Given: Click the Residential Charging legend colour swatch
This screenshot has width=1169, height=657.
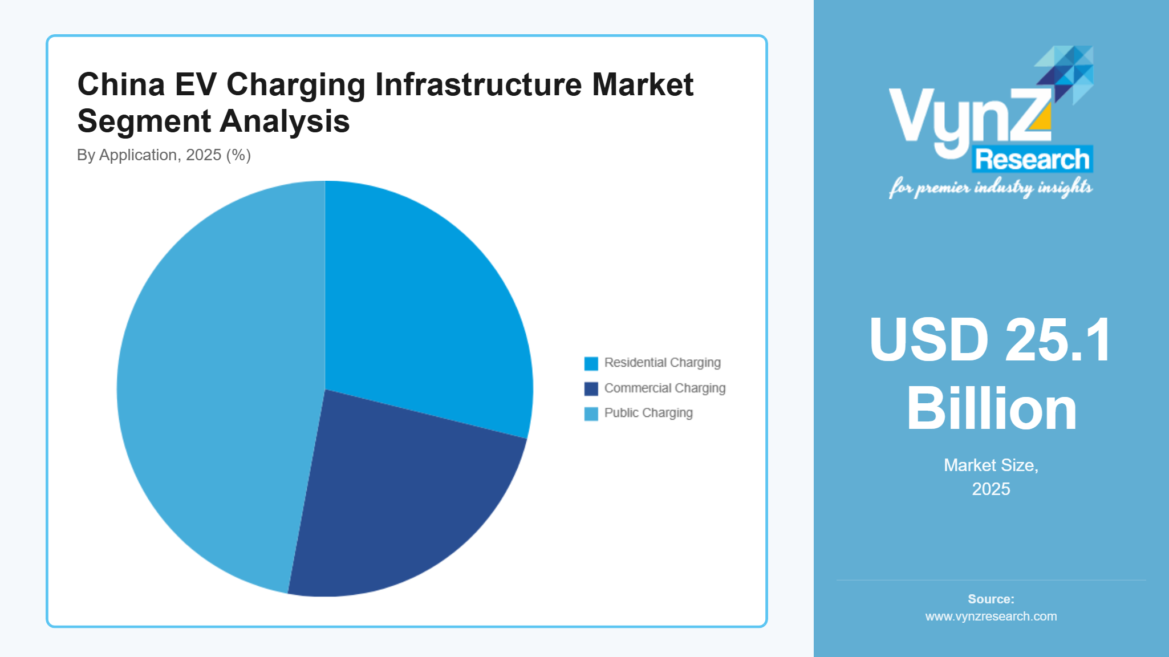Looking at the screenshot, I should click(x=591, y=363).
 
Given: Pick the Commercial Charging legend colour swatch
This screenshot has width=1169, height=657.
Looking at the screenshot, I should click(x=591, y=388).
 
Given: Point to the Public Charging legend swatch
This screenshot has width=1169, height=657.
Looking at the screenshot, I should click(x=591, y=413).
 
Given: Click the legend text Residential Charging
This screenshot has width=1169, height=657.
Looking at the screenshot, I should click(x=662, y=363).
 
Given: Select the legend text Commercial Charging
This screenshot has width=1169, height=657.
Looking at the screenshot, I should click(x=664, y=388).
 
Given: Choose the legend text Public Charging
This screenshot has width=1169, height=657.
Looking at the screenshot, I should click(x=648, y=413).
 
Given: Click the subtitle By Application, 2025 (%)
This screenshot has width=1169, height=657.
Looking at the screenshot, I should click(x=164, y=155).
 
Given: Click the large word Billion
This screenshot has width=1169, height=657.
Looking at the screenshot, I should click(x=991, y=409).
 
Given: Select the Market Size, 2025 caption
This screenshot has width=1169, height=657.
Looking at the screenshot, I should click(x=991, y=477).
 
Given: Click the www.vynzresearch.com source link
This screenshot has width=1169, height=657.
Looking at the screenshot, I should click(x=991, y=617).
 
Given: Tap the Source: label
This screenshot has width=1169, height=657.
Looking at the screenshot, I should click(x=991, y=599).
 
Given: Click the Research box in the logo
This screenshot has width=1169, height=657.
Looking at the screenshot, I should click(x=1032, y=159).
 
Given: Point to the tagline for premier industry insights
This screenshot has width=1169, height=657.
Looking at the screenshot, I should click(x=991, y=187).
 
